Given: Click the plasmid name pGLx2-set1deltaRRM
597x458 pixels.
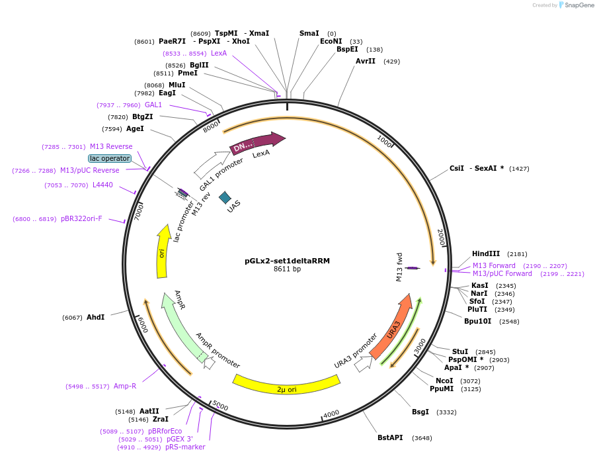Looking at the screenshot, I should point(287,261).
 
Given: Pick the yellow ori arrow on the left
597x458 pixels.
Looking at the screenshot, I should point(162,253).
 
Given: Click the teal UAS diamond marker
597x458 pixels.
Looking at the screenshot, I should point(225,197).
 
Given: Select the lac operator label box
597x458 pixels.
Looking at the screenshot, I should point(110,158).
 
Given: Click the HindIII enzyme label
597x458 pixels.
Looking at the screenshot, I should point(486,254).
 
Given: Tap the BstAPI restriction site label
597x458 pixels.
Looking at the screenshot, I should point(390,437).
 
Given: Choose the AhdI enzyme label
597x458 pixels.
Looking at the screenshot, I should point(95,318).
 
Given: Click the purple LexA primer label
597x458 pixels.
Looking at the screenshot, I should point(219,53).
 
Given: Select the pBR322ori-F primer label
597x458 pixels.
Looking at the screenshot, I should point(81,218).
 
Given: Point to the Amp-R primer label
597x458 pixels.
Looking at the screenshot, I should point(124,386).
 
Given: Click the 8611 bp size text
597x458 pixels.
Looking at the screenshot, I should point(287,269).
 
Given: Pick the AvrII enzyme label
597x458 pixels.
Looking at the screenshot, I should point(365,61).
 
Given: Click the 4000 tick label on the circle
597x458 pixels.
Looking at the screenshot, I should point(331,414).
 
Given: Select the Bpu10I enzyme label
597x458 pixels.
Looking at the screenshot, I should point(477,321).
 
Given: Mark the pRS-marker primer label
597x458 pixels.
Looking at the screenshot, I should point(185,447).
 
